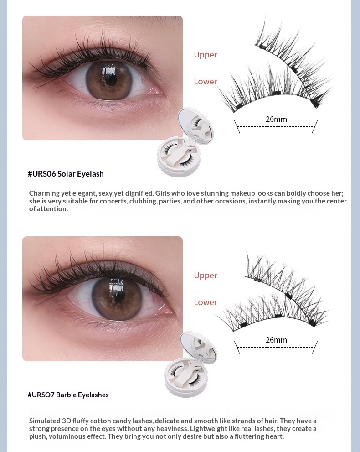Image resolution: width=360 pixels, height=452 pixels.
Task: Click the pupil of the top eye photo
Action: click(109, 78)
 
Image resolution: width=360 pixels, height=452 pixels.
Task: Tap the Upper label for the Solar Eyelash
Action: click(206, 55)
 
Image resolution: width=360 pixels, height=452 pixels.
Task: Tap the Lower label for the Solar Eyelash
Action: click(206, 82)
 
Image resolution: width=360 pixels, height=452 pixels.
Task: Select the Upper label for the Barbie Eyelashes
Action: click(206, 275)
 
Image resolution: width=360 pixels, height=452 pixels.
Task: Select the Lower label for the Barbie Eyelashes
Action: click(206, 302)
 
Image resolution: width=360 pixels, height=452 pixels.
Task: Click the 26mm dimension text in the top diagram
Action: click(276, 119)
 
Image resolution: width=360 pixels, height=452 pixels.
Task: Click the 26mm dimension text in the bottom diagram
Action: click(276, 340)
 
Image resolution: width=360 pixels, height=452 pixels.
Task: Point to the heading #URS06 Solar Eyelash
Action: click(66, 174)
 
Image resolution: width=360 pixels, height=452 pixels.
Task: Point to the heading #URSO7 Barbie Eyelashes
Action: click(68, 395)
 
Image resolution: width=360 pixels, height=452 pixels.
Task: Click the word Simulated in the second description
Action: click(44, 421)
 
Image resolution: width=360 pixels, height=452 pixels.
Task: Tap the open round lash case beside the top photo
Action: click(185, 143)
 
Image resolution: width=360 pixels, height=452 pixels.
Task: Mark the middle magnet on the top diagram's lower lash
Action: click(277, 93)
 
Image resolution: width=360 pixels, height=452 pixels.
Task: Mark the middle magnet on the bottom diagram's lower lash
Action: click(278, 316)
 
